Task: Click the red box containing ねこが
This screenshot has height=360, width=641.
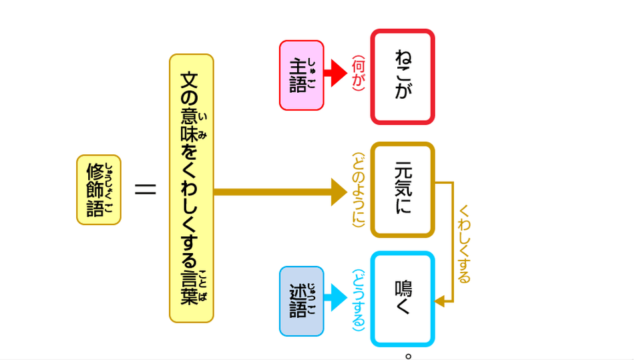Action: point(403,76)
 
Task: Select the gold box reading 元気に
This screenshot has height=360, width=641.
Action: point(403,190)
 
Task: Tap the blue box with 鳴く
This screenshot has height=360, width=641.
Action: point(403,299)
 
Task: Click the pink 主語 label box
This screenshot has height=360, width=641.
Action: point(301,75)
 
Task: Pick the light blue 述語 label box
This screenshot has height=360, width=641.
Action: point(301,301)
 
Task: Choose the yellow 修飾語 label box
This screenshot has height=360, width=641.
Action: point(99,190)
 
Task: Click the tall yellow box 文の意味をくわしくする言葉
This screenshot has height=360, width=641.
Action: point(191,188)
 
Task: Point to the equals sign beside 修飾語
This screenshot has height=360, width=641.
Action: point(145,190)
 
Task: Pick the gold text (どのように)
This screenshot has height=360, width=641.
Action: point(359,190)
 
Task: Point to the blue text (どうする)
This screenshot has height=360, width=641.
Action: point(359,301)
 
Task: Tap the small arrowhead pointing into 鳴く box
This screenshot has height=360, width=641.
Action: point(439,302)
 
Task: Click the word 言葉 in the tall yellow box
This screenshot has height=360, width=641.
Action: point(190,287)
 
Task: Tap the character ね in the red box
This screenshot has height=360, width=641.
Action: point(403,56)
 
